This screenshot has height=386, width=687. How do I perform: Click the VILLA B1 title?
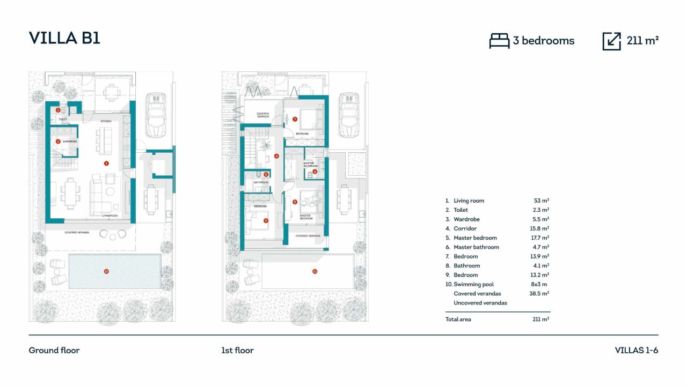pyautogui.click(x=64, y=38)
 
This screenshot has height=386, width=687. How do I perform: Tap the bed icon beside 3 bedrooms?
pyautogui.click(x=499, y=41)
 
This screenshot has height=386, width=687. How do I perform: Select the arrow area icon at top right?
pyautogui.click(x=611, y=41)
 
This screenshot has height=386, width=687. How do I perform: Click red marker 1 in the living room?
pyautogui.click(x=106, y=163)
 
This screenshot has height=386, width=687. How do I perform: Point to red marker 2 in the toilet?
pyautogui.click(x=58, y=110)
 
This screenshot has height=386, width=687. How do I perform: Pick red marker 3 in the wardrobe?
pyautogui.click(x=58, y=142)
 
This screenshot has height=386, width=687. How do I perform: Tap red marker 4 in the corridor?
pyautogui.click(x=276, y=156)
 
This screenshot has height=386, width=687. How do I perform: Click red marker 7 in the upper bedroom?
pyautogui.click(x=295, y=119)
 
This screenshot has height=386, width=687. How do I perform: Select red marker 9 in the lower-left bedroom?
pyautogui.click(x=266, y=220)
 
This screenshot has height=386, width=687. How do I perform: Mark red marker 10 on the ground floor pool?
pyautogui.click(x=106, y=271)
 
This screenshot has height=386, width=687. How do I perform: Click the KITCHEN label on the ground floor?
pyautogui.click(x=105, y=122)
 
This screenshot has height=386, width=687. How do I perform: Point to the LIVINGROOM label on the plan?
pyautogui.click(x=110, y=216)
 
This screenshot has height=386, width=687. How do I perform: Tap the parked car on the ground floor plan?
pyautogui.click(x=156, y=114)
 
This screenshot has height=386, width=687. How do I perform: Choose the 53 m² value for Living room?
pyautogui.click(x=540, y=201)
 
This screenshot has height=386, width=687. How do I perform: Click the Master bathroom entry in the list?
pyautogui.click(x=476, y=247)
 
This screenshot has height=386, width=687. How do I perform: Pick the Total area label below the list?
pyautogui.click(x=458, y=320)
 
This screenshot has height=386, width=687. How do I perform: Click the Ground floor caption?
pyautogui.click(x=54, y=351)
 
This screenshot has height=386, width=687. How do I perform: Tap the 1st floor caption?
pyautogui.click(x=237, y=351)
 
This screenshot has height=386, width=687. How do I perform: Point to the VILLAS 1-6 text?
pyautogui.click(x=636, y=351)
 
